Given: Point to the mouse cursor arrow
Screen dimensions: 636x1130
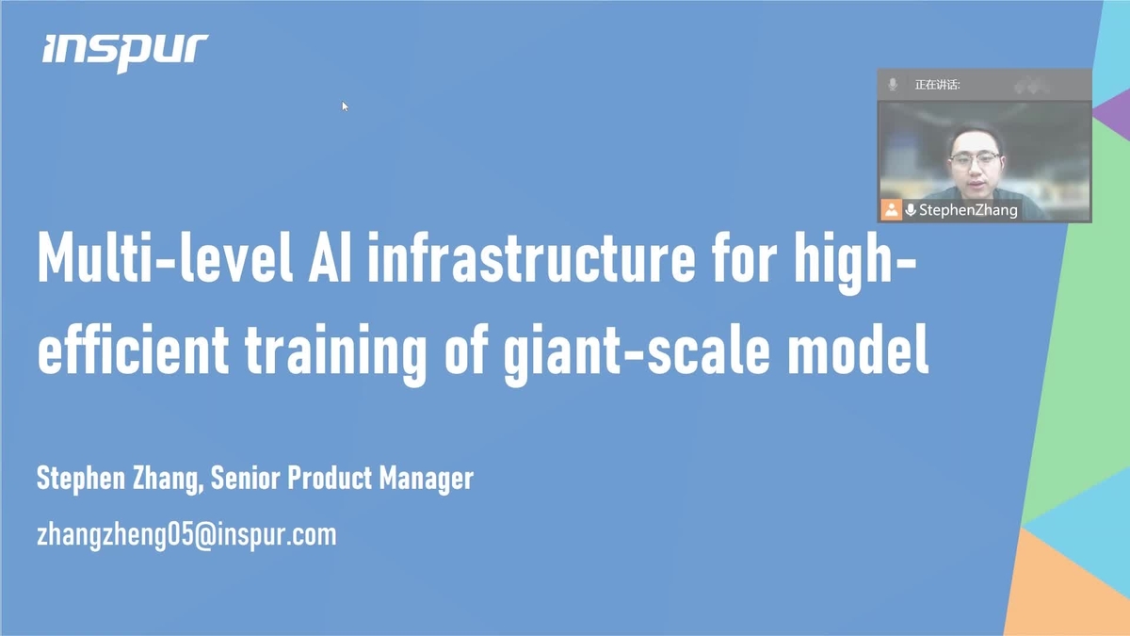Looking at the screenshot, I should (x=345, y=106).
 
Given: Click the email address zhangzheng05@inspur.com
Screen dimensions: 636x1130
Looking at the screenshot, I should (x=186, y=535).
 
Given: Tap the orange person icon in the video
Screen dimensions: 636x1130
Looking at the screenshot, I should (x=890, y=209).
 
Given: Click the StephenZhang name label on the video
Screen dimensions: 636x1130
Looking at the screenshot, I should (x=968, y=210).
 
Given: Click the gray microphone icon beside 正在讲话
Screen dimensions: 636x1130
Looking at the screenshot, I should (x=893, y=85).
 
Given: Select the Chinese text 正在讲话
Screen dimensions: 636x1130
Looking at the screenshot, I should (x=937, y=85).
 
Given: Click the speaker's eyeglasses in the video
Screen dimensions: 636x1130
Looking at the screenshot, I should (x=976, y=160).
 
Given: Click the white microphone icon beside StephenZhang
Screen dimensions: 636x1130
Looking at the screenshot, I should (x=911, y=210).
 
